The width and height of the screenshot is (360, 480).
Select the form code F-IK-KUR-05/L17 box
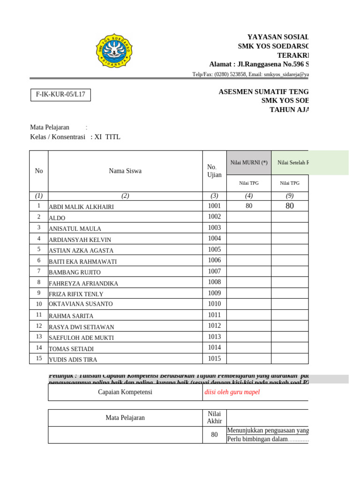point(60,95)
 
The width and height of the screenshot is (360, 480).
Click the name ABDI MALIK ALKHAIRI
point(82,207)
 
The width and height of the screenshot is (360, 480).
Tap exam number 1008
point(214,282)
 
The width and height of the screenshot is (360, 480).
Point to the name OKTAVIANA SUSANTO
point(81,304)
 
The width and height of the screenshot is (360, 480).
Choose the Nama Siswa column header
point(125,171)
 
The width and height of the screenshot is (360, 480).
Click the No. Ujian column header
point(214,171)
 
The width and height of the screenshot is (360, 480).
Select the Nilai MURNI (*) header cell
point(249,163)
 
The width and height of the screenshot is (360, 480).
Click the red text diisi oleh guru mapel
point(232,392)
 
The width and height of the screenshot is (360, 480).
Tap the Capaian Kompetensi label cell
point(125,392)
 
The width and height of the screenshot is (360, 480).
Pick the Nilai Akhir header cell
point(214,417)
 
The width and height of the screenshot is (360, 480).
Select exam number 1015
point(214,359)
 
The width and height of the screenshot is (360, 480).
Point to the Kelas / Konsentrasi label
point(58,137)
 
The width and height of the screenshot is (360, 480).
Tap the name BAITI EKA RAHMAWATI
point(83,262)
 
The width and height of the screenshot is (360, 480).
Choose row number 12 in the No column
point(38,326)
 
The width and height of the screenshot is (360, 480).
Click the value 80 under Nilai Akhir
point(214,435)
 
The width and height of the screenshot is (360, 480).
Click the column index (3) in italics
point(214,196)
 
